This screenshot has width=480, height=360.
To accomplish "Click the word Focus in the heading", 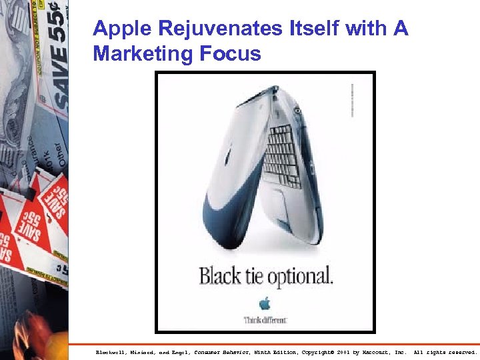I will pyautogui.click(x=229, y=53).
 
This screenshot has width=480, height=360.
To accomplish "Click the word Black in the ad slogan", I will pyautogui.click(x=219, y=275).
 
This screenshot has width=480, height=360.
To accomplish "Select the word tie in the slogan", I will pyautogui.click(x=255, y=275).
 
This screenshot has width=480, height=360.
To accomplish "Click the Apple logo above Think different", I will pyautogui.click(x=265, y=304).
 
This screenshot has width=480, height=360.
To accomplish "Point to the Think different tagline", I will pyautogui.click(x=265, y=319).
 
